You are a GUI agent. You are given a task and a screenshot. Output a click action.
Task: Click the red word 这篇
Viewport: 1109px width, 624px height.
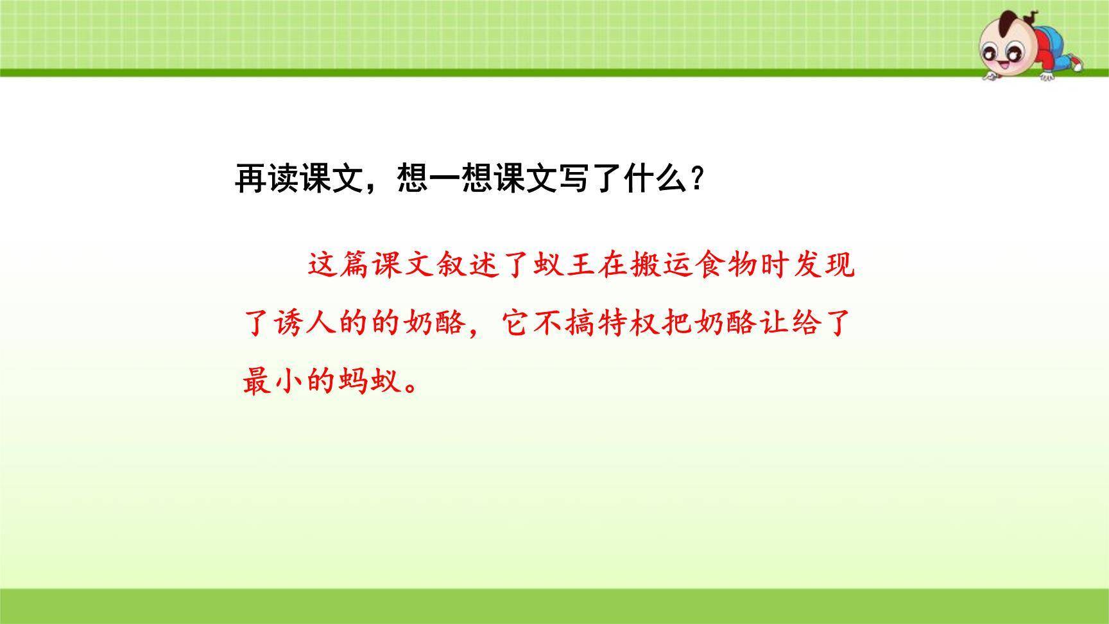click(x=338, y=264)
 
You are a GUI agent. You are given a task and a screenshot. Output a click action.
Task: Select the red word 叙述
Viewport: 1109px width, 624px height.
click(x=467, y=264)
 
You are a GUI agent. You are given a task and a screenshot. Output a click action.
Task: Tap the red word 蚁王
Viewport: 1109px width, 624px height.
click(x=564, y=264)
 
